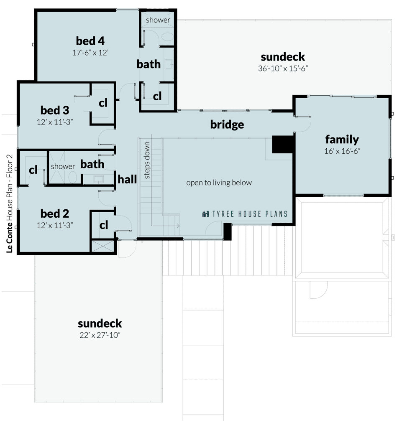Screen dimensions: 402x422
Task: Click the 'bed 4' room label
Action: pos(90,41)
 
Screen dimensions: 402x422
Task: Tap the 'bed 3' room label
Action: pos(55,110)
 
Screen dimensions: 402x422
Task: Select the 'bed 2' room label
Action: pos(55,214)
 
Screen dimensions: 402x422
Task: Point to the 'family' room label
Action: pos(342,140)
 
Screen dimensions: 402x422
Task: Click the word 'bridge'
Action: pos(227,125)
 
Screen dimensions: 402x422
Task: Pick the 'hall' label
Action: pos(127,179)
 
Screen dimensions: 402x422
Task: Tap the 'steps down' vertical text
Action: pos(147,160)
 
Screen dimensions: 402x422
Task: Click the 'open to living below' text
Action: pos(219,183)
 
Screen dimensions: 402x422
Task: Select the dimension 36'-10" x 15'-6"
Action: pos(283,69)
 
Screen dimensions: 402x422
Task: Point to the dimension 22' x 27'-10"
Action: pos(100,335)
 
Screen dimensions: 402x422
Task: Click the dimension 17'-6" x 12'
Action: pos(90,53)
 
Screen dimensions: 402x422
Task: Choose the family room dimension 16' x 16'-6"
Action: pos(342,151)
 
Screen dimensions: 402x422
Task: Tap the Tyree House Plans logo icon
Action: pos(206,214)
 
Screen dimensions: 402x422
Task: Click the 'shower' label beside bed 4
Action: pos(158,20)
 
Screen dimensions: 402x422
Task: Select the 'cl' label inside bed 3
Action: pos(103,103)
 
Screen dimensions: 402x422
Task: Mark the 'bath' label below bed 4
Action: pos(149,64)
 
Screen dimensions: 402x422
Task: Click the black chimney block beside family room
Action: pos(283,145)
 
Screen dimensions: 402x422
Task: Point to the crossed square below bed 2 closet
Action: pos(103,246)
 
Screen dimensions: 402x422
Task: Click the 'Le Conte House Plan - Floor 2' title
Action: pos(10,203)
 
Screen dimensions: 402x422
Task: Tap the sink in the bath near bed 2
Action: pos(98,179)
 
